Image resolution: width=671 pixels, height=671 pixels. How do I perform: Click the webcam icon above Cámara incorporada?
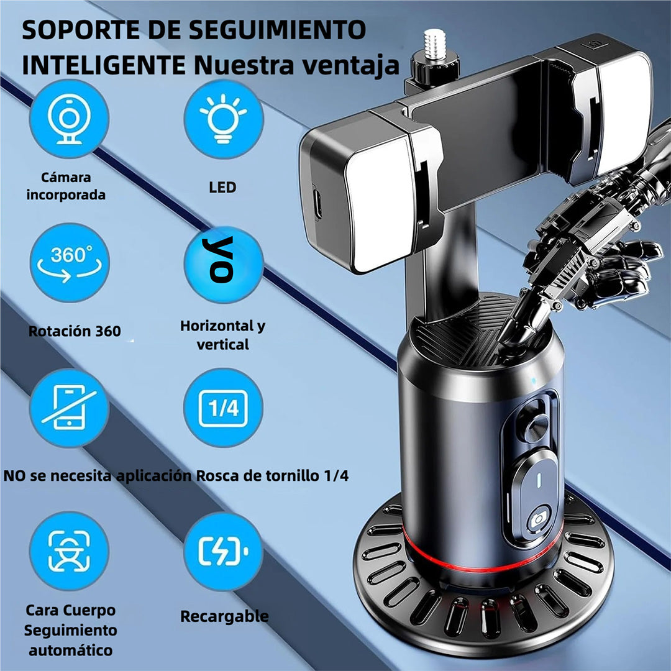click(69, 119)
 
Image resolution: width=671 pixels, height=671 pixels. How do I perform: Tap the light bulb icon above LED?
click(223, 119)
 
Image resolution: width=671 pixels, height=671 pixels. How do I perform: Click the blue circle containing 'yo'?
click(223, 265)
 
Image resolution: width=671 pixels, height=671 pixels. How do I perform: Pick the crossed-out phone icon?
click(69, 407)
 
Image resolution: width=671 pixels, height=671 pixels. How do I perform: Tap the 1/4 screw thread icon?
click(223, 408)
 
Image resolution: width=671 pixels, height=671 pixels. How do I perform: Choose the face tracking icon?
click(69, 550)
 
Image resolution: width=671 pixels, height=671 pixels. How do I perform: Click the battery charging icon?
click(223, 550)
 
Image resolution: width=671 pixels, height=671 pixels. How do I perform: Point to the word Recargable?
click(224, 616)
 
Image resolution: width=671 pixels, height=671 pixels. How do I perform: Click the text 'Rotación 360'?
click(75, 331)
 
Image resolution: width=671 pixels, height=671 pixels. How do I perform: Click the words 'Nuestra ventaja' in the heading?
click(296, 65)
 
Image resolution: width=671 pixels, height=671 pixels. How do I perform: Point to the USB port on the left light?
click(318, 204)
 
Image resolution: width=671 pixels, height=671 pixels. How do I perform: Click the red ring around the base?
click(472, 563)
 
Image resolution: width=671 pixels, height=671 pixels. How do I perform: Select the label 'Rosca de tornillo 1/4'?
click(272, 477)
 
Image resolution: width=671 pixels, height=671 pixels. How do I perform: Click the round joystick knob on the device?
click(534, 424)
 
